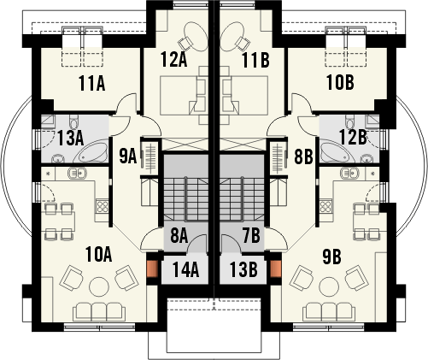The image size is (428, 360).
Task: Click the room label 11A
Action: (91, 84)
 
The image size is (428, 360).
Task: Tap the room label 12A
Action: (173, 60)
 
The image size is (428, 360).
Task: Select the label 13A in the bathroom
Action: (70, 139)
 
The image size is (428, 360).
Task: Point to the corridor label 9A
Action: (128, 156)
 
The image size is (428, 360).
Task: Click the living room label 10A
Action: (98, 255)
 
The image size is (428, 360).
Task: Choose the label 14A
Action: (185, 269)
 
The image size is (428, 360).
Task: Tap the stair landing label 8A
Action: (179, 236)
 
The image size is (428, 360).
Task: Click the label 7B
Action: (251, 236)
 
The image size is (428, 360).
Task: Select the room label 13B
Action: (243, 269)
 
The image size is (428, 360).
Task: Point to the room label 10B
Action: (340, 83)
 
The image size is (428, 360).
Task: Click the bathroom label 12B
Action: (353, 137)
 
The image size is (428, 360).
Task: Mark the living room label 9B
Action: (331, 257)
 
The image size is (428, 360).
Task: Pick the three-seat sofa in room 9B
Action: (329, 312)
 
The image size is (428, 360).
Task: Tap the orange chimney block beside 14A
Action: (152, 269)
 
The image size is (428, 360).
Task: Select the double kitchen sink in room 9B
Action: (350, 173)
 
